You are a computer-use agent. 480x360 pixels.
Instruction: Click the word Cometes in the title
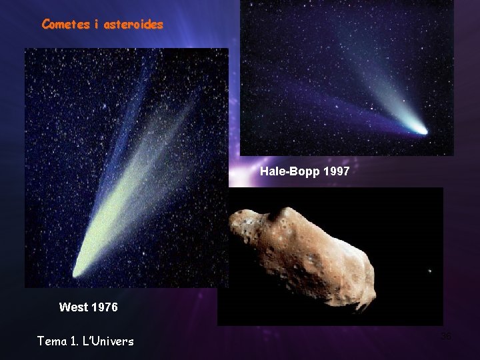(x=65, y=25)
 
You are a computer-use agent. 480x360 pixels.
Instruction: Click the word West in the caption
(x=73, y=307)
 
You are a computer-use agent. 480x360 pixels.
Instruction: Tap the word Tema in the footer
(x=52, y=341)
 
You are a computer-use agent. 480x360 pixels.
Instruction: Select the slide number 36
(x=446, y=336)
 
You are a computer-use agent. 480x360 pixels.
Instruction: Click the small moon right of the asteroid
(x=429, y=271)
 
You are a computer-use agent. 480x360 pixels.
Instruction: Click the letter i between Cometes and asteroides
(x=96, y=25)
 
